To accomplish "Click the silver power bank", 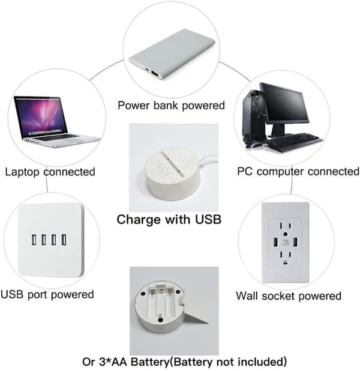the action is point(172,54).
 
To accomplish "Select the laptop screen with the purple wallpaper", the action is point(41,116).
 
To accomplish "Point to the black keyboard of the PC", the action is point(293,142).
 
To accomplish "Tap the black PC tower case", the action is point(255,116).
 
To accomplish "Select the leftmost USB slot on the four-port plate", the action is point(34,240).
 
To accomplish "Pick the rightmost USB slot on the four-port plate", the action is point(64,240).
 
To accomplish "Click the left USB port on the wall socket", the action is point(275,242).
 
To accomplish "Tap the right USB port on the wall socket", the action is point(295,242).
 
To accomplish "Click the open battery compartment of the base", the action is point(160,302).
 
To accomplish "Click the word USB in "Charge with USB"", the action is point(208,219).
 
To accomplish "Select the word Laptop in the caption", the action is point(22,172).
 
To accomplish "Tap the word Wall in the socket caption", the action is point(247,296).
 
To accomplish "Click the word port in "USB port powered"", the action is point(38,295).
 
